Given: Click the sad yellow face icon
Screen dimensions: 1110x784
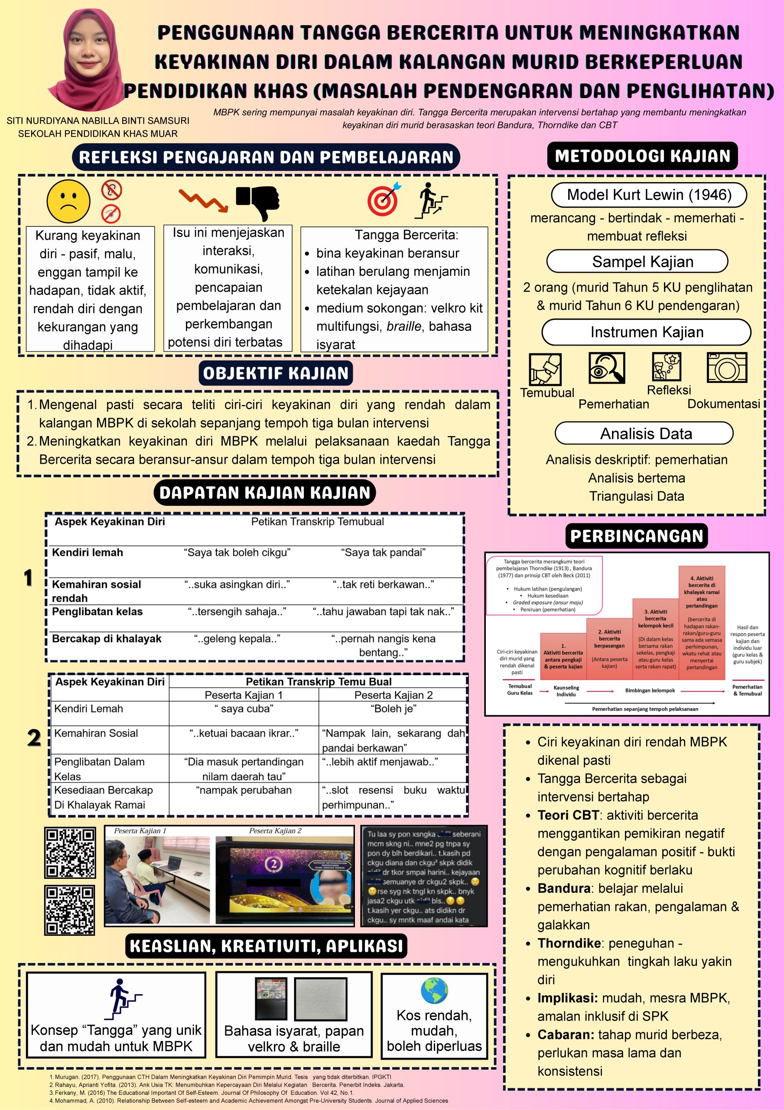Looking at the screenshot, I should tap(68, 201).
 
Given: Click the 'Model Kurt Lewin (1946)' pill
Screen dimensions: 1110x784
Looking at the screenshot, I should tap(649, 195).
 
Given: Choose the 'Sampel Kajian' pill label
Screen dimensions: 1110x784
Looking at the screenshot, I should tap(642, 261).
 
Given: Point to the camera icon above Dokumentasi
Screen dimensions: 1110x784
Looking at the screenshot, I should tap(726, 368).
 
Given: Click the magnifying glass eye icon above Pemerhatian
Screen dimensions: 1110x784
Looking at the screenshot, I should tap(607, 368).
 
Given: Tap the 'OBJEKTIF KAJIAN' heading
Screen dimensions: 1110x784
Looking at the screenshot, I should tap(276, 373).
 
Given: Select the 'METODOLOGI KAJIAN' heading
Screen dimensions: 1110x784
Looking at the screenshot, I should tap(642, 156).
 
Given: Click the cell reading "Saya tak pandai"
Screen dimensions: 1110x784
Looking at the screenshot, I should tap(383, 552).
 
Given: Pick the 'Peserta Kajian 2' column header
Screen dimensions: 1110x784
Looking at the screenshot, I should tap(394, 695).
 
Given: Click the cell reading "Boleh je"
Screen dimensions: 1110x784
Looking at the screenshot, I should tap(394, 709).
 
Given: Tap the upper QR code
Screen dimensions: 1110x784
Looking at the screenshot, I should tap(70, 853).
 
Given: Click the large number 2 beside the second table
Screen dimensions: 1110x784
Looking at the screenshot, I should tap(34, 738).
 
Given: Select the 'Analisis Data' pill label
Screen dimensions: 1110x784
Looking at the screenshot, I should tap(646, 434).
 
